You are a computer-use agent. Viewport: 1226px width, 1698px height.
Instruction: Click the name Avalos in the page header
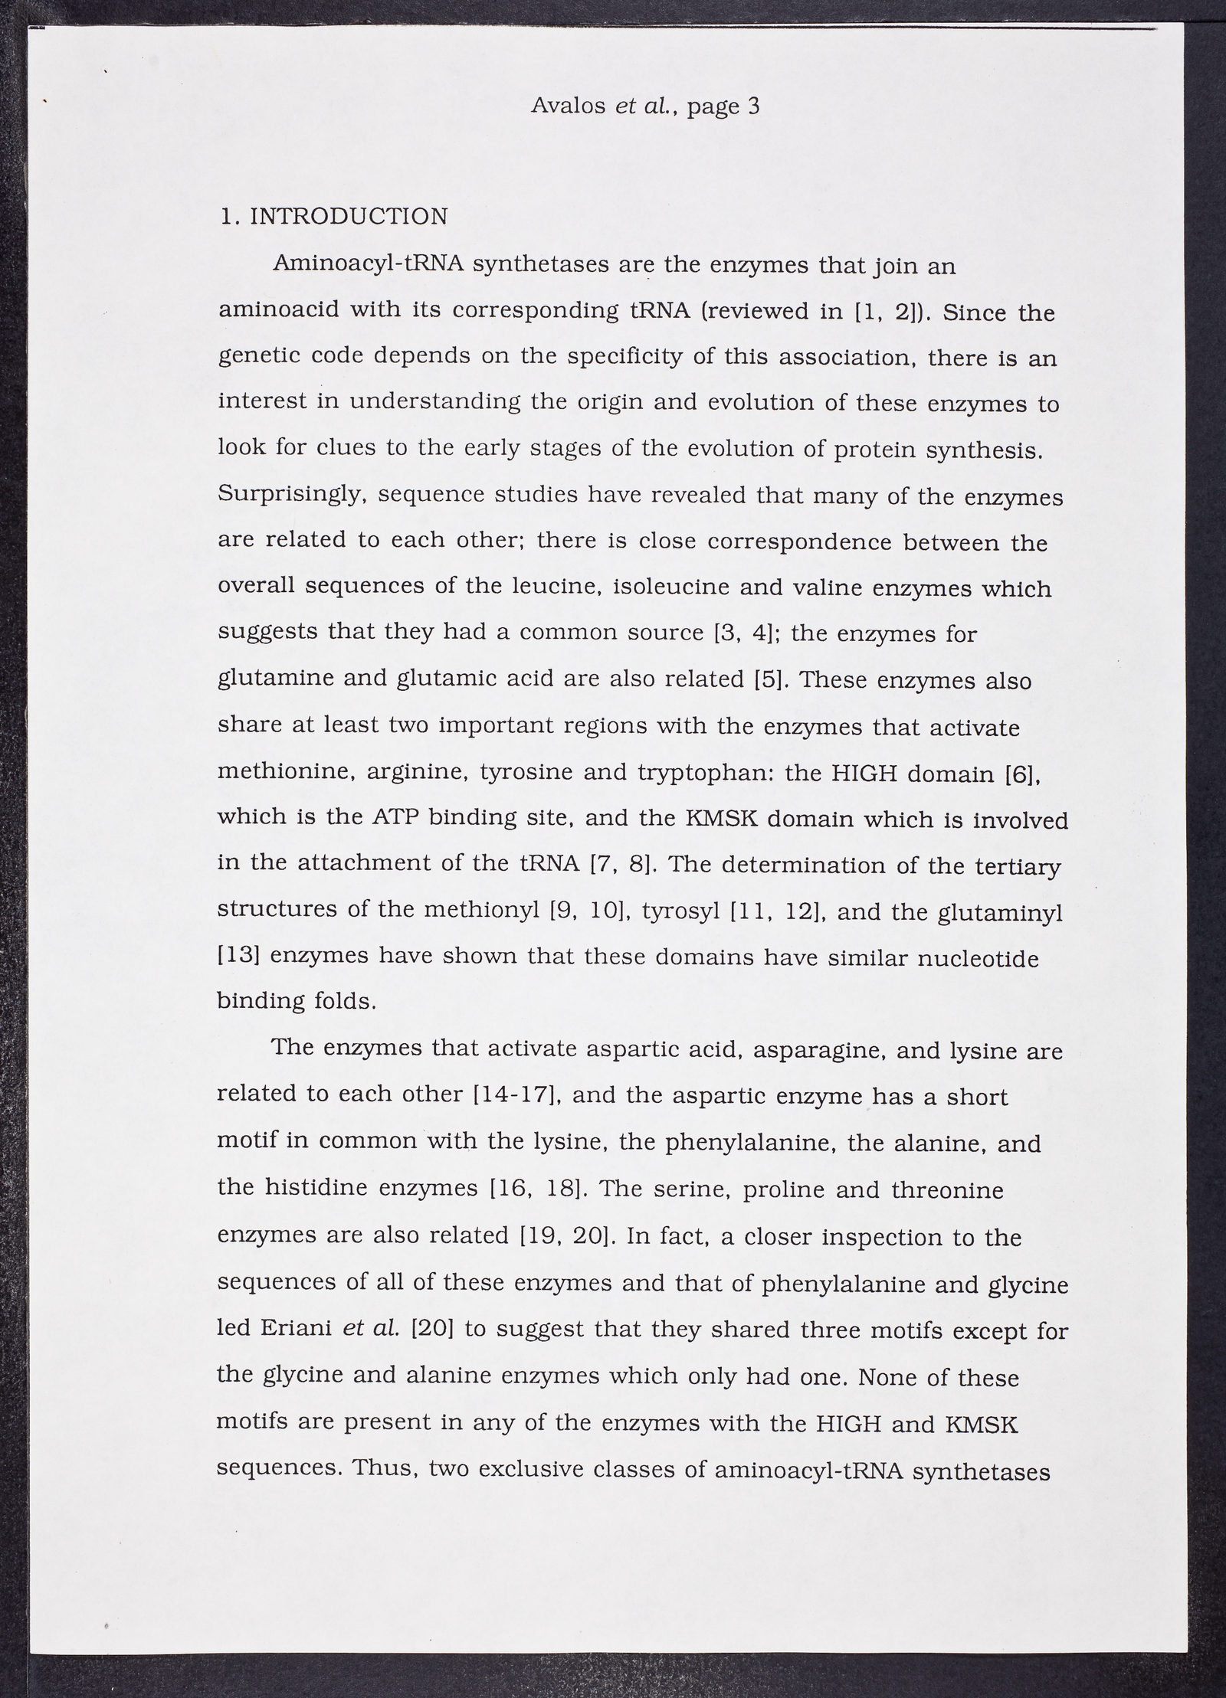pos(568,106)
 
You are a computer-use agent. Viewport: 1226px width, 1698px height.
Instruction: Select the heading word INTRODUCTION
pos(349,217)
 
